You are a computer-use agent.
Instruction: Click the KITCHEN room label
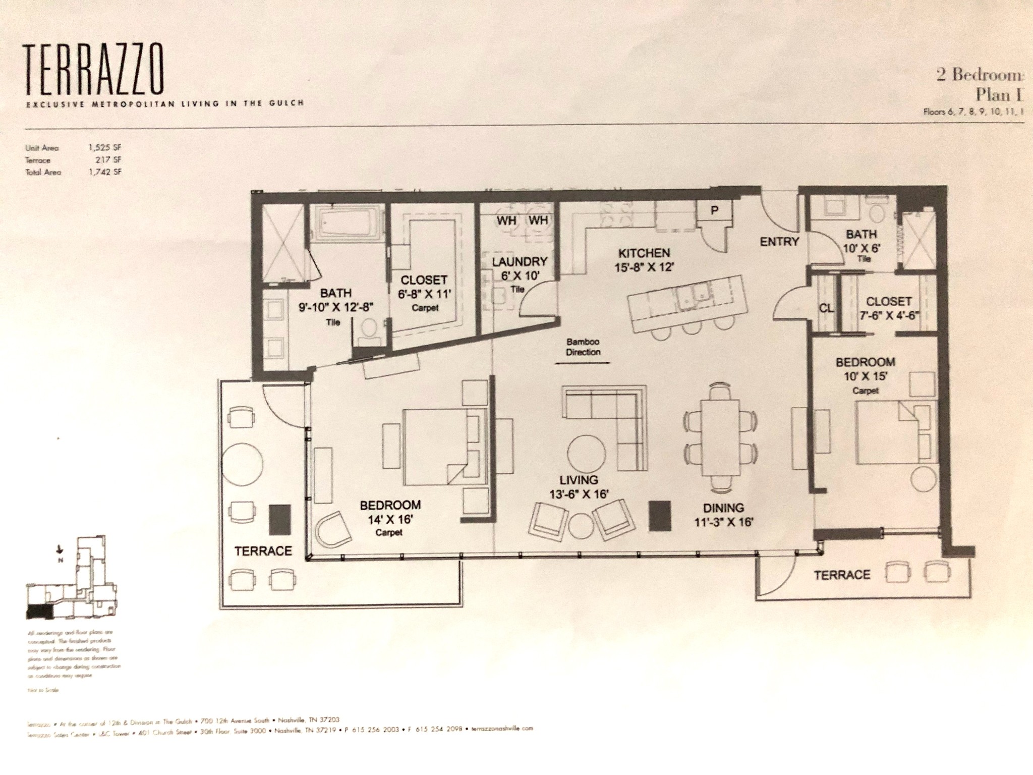[x=644, y=253]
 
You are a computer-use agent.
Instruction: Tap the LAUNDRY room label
[x=519, y=261]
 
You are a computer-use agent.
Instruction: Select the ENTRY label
[x=779, y=242]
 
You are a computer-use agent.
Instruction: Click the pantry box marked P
[x=714, y=211]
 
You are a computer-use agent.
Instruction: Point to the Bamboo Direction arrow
[x=583, y=362]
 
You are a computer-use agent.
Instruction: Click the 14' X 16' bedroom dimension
[x=390, y=519]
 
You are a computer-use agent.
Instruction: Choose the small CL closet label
[x=826, y=308]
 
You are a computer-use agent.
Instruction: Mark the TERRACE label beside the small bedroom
[x=842, y=575]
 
